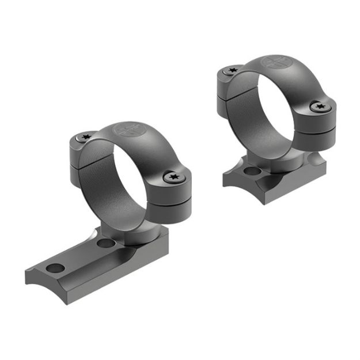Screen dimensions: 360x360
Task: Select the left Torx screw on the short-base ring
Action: [233, 70]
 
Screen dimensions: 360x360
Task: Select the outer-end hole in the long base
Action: [55, 268]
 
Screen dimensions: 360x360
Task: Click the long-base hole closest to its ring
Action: [105, 244]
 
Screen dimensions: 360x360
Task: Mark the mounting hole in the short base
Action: [251, 171]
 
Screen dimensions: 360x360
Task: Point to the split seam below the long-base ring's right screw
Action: [173, 199]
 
